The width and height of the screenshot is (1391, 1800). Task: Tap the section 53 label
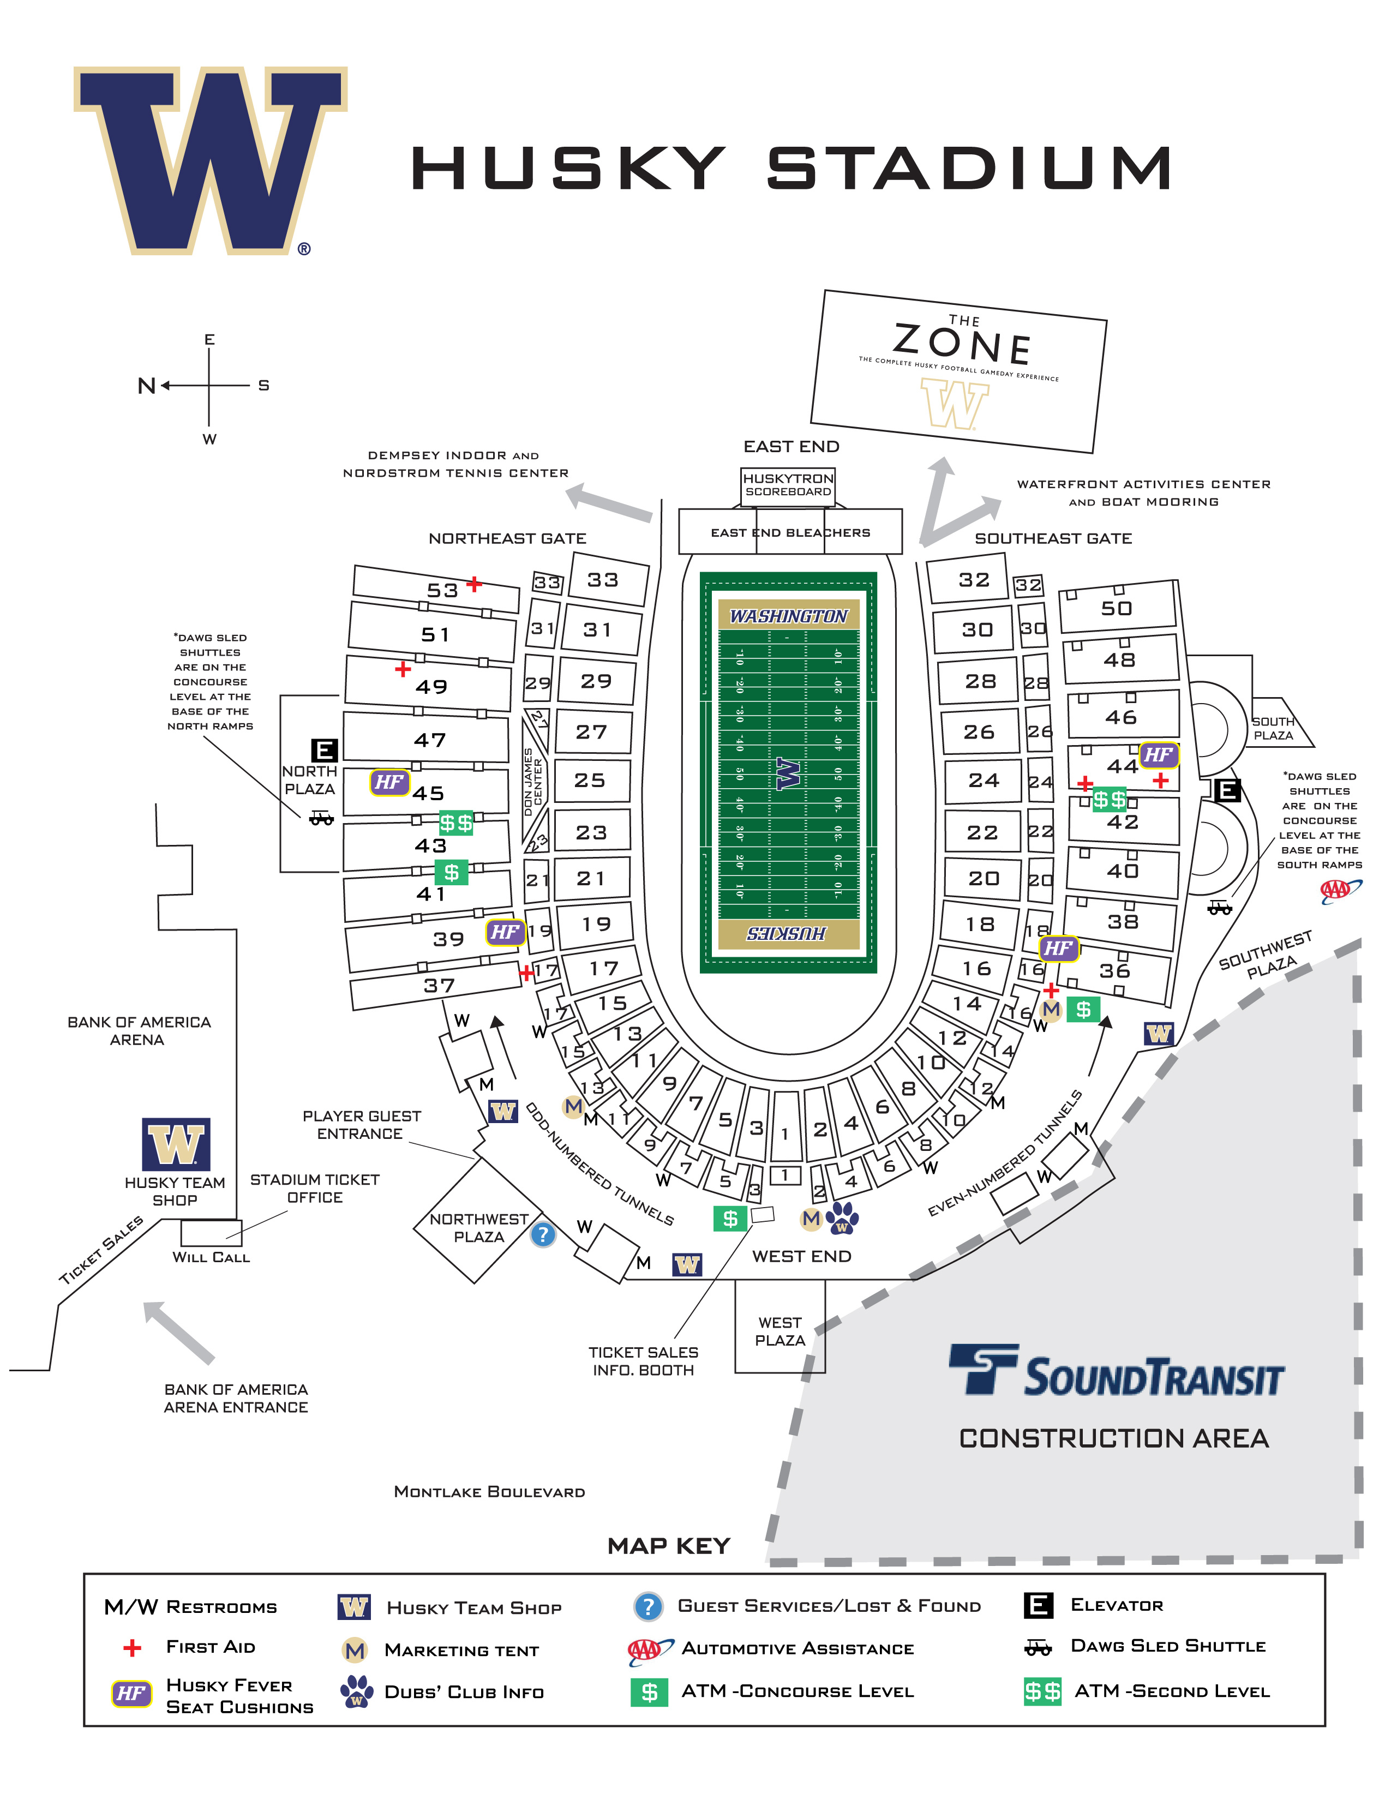(442, 590)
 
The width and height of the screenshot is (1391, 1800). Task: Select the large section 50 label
(1117, 608)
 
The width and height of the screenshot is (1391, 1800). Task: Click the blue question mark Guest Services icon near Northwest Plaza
(542, 1234)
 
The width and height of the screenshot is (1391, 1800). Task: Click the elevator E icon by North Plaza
(324, 750)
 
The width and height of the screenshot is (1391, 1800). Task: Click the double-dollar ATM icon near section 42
(1109, 800)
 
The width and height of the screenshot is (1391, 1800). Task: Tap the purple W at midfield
(788, 774)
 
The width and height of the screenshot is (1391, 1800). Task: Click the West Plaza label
(780, 1331)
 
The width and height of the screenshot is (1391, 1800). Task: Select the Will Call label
(211, 1257)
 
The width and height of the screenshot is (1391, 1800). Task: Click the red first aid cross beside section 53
(474, 584)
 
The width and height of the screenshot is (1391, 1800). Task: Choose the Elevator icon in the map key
(1038, 1605)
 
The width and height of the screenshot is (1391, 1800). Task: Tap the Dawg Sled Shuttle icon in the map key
(1038, 1647)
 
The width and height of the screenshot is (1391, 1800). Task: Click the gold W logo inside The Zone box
(954, 404)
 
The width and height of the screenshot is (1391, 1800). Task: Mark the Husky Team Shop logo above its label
(176, 1145)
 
